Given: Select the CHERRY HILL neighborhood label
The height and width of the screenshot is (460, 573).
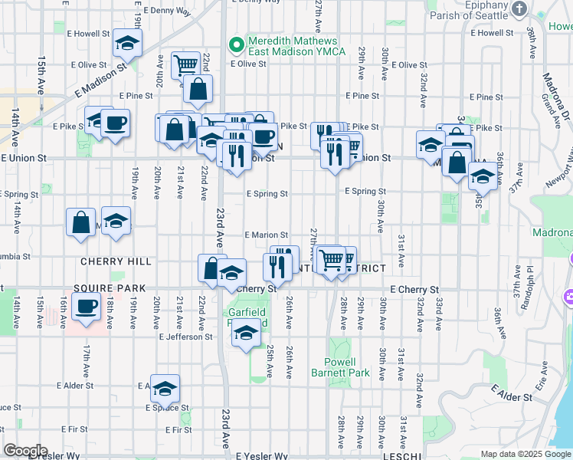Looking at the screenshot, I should pos(116,261).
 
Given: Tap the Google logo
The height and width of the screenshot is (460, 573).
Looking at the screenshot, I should pos(25,451).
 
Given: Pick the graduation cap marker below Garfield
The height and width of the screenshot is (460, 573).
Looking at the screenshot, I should pos(246,333).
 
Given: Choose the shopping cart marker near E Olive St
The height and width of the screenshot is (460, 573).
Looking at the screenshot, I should pos(185,65).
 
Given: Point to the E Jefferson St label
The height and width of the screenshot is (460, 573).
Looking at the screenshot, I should pos(185,337).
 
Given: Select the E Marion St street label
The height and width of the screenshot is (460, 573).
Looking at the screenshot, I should pos(266,235).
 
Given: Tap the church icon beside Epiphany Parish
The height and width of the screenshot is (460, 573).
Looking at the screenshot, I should pos(519,8).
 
